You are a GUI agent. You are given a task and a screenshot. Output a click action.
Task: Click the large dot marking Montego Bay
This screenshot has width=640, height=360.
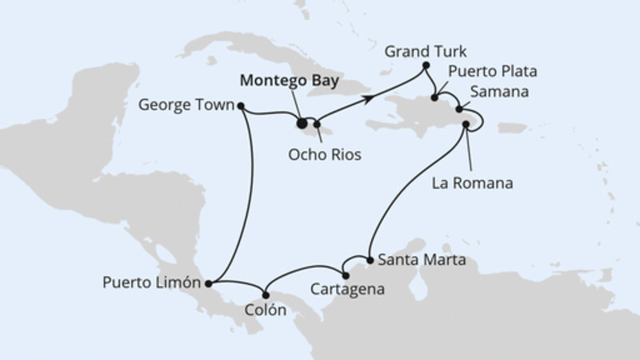(x=302, y=124)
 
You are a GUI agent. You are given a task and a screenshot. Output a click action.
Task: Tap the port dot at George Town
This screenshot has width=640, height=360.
(x=241, y=104)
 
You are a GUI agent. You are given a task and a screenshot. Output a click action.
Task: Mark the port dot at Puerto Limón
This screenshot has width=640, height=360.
(x=208, y=282)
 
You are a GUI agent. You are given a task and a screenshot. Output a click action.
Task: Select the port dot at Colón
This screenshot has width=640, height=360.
(x=266, y=291)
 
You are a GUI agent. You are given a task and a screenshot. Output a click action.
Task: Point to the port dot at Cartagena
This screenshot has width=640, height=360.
(x=345, y=277)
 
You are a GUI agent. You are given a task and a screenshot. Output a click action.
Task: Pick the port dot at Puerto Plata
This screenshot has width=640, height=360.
(x=434, y=98)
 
